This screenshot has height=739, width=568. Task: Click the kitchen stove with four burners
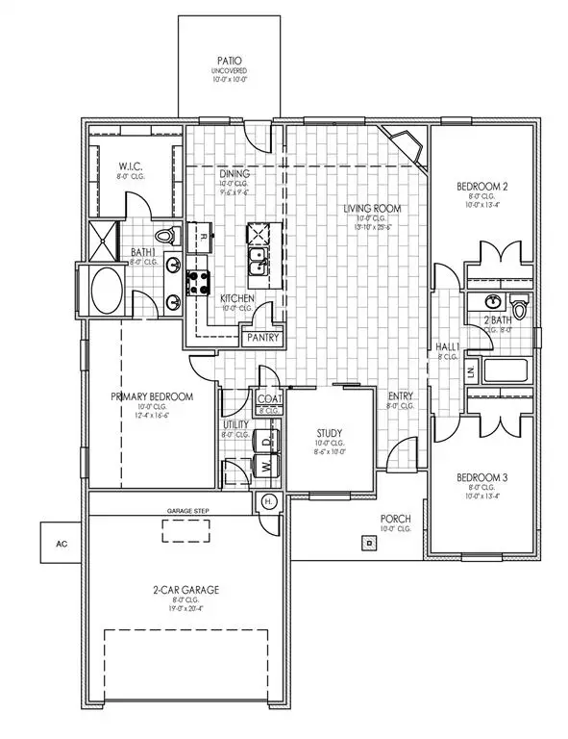click(199, 282)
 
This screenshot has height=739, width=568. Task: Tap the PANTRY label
click(259, 338)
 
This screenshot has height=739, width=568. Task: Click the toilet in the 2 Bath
click(520, 307)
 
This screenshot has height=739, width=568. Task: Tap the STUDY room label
click(329, 433)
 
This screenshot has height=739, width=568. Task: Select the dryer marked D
click(266, 441)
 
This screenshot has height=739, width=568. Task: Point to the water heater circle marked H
click(267, 501)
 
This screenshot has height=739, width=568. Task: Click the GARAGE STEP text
click(188, 511)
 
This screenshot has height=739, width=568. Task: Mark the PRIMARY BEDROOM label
click(152, 396)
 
